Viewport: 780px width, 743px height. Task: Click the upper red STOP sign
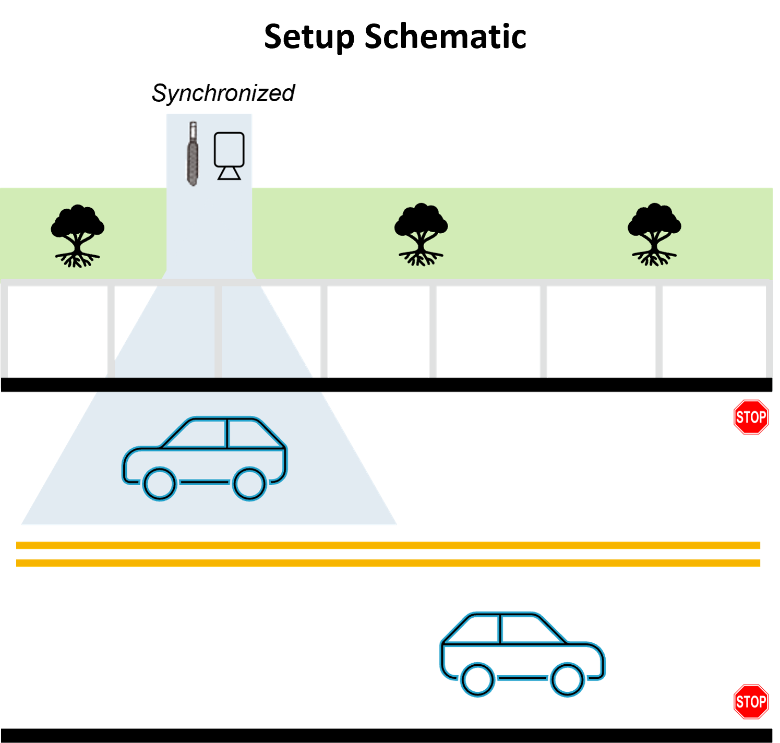[x=751, y=417]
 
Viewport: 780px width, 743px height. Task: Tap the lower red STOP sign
[x=751, y=702]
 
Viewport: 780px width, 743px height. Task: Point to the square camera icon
[x=229, y=149]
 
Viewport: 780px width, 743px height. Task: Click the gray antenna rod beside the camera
[x=193, y=154]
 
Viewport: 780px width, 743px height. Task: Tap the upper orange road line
[x=388, y=545]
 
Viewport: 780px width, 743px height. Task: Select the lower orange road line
[x=388, y=563]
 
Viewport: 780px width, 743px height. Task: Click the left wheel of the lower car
[x=477, y=679]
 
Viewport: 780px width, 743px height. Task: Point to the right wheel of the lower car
[x=568, y=679]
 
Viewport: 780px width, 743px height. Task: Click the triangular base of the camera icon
[x=229, y=173]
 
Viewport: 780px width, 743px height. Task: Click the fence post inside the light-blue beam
[x=218, y=331]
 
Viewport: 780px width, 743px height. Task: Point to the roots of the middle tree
[x=421, y=257]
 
